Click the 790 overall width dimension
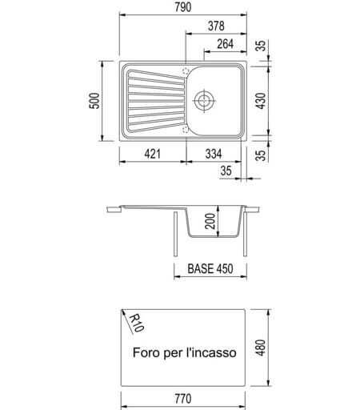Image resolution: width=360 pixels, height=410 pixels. [x=183, y=7]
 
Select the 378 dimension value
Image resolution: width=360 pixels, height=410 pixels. [x=216, y=26]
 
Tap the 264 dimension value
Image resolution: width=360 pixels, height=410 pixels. [x=226, y=44]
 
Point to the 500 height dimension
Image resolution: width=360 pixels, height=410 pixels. [x=94, y=101]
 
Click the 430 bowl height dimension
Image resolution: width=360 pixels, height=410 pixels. [x=261, y=101]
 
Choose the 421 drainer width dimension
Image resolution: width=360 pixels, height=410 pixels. [x=153, y=154]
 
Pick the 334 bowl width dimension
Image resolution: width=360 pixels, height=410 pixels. [x=214, y=154]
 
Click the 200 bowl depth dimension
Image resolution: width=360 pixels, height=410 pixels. [x=210, y=221]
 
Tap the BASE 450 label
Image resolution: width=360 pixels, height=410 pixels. [x=210, y=268]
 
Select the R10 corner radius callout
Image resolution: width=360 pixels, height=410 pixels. [x=137, y=323]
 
